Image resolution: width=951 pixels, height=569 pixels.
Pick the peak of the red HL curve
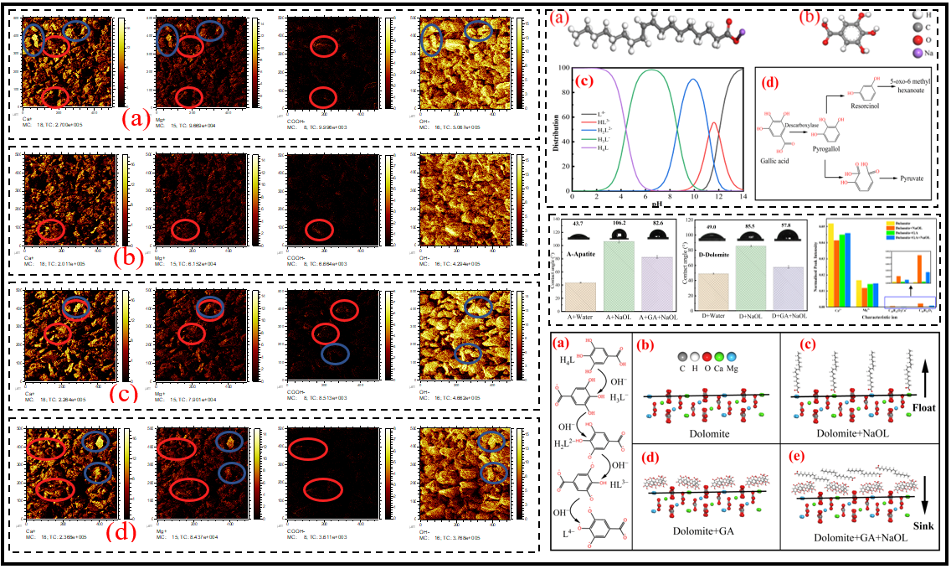[x=714, y=124]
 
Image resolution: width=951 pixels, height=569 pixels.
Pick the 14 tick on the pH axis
[x=743, y=194]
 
